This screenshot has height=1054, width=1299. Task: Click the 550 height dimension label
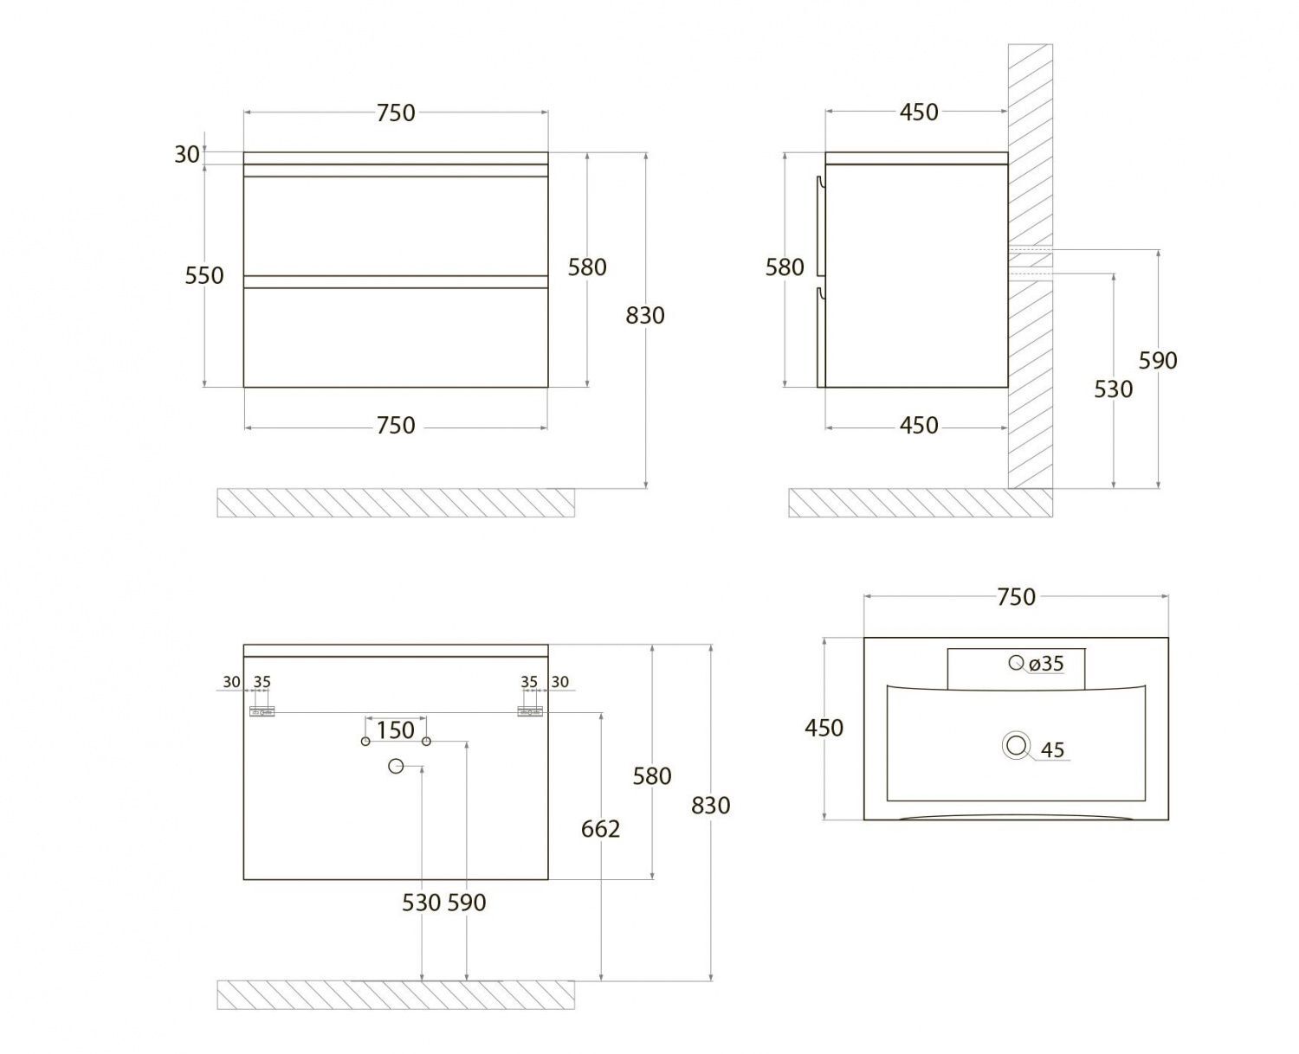tap(204, 276)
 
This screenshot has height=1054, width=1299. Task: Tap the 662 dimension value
tap(600, 829)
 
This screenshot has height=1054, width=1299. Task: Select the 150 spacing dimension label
tap(395, 729)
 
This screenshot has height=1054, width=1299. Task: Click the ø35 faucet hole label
tap(1046, 664)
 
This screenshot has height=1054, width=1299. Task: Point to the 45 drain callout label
tap(1052, 750)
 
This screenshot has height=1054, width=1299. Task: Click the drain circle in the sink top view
tap(1016, 745)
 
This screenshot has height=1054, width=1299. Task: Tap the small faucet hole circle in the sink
tap(1016, 662)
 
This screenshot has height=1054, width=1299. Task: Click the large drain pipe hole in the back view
tap(396, 766)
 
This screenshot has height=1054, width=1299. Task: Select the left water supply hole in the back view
tap(365, 741)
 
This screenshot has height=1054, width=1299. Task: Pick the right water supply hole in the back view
tap(426, 741)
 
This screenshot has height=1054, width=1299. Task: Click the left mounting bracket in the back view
tap(262, 711)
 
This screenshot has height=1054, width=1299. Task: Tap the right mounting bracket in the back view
tap(530, 711)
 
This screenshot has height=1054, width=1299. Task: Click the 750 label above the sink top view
tap(1016, 597)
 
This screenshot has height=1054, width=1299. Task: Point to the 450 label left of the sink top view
tap(824, 728)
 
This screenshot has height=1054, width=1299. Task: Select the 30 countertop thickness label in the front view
tap(186, 155)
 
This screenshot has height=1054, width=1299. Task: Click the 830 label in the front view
tap(644, 316)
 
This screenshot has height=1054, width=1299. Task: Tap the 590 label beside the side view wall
tap(1158, 361)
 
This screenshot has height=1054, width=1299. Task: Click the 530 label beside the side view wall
tap(1113, 389)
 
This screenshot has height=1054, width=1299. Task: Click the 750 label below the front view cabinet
tap(395, 425)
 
